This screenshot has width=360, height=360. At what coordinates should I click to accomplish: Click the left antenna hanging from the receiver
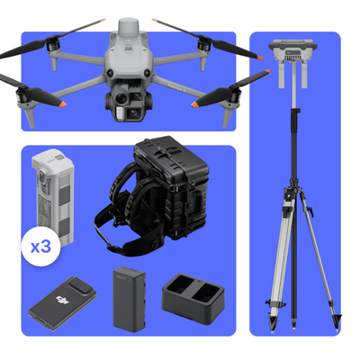[281, 77]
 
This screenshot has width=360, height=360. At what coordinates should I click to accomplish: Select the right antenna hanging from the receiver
[308, 77]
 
